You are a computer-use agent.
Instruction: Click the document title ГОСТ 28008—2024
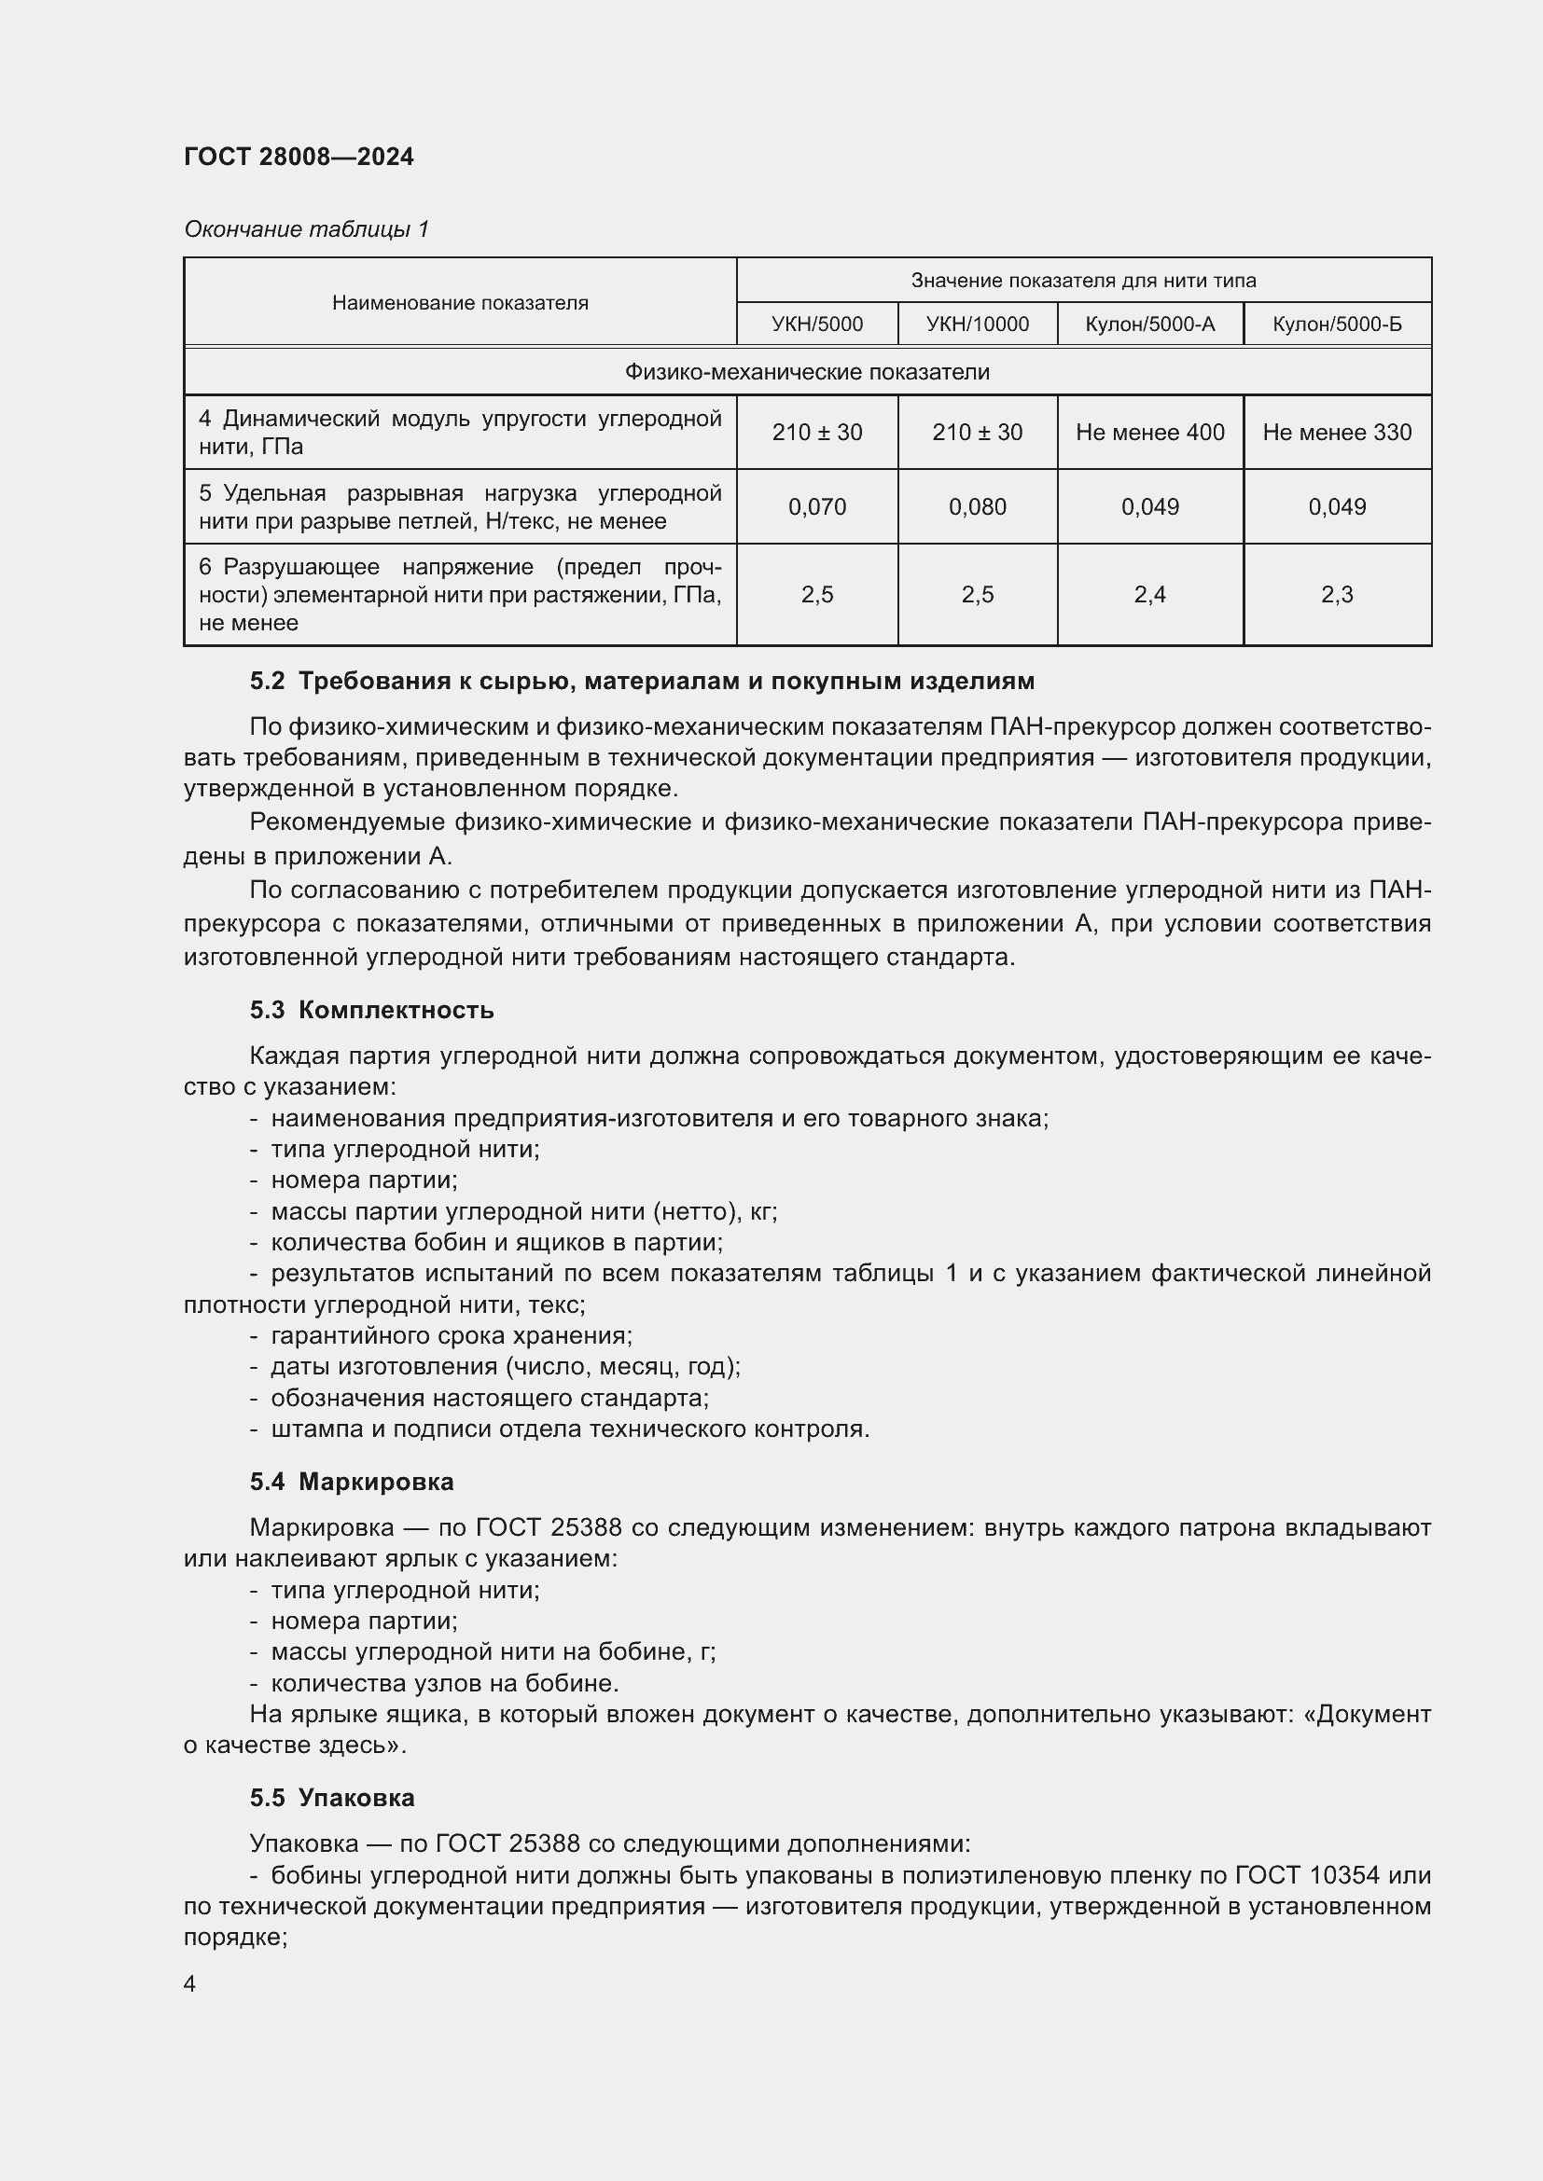[299, 157]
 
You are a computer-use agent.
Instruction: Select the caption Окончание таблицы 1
[306, 229]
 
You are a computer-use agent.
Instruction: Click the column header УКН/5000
[816, 324]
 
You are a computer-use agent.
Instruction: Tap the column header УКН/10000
[977, 324]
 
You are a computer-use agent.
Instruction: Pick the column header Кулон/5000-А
[1149, 324]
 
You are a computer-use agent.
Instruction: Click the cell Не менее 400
[1149, 433]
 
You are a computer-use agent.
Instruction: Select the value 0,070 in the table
[816, 506]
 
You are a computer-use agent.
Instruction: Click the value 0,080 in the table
[977, 506]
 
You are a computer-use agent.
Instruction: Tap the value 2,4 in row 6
[1149, 595]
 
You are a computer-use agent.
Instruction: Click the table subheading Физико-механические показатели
[807, 371]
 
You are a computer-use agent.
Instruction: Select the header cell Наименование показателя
[460, 302]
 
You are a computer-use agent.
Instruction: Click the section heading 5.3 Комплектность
[371, 1010]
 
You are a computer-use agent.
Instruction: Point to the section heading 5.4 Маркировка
[352, 1481]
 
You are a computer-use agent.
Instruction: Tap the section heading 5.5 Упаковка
[331, 1797]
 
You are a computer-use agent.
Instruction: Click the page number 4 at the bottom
[190, 1983]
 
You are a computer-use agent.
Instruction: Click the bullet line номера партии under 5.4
[364, 1621]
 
